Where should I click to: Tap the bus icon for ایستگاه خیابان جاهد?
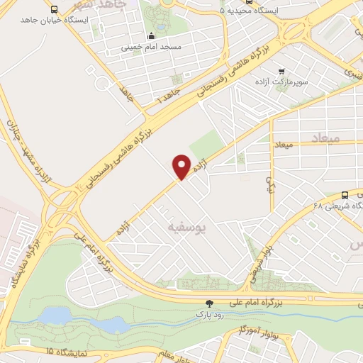[x=55, y=9]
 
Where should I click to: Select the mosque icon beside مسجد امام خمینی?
[x=150, y=37]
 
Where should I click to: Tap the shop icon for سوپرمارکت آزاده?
[x=282, y=71]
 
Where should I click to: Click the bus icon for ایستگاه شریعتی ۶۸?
[x=345, y=196]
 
